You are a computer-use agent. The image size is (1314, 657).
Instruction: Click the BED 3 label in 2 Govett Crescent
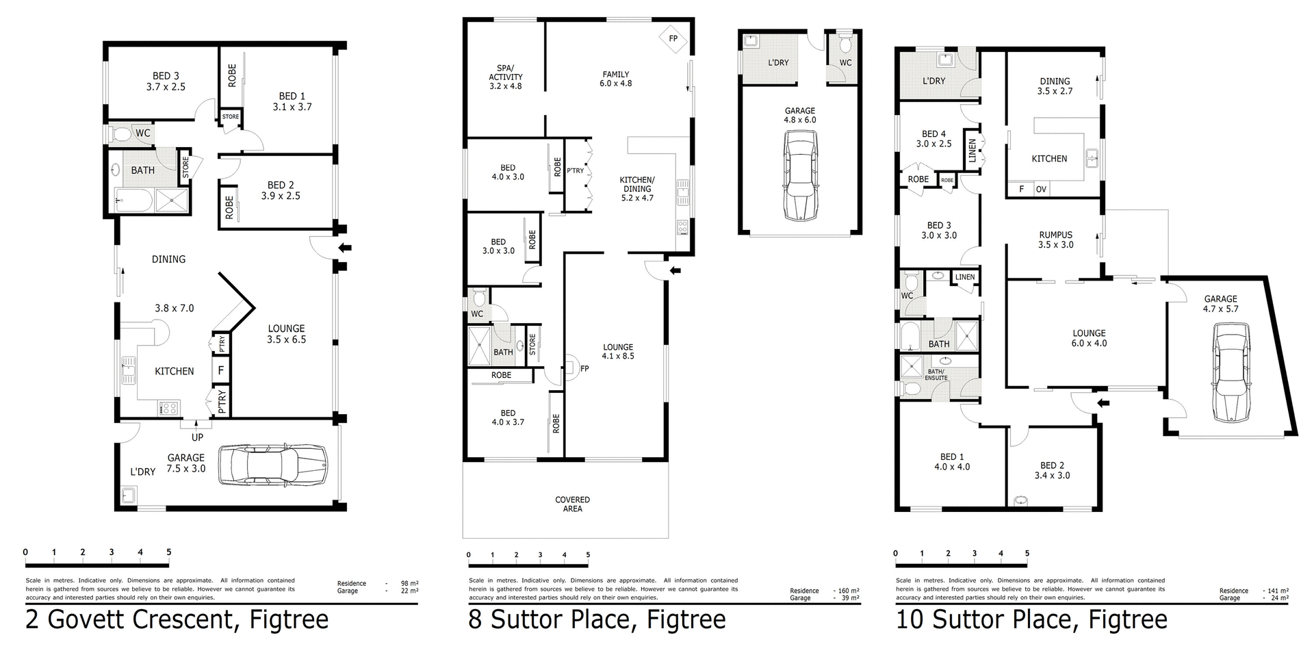(x=166, y=76)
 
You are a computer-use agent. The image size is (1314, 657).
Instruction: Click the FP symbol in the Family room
(x=673, y=39)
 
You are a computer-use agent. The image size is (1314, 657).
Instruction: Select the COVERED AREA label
(x=572, y=504)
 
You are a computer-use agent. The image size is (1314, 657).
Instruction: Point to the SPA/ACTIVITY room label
(x=506, y=77)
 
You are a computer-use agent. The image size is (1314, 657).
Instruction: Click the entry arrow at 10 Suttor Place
(x=1103, y=403)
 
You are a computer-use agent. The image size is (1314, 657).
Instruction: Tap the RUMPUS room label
(x=1055, y=235)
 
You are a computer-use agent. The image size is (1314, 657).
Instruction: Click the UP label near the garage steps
(x=197, y=437)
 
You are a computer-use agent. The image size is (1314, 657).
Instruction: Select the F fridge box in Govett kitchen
(x=220, y=372)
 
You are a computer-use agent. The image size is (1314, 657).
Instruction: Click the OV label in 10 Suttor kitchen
(x=1041, y=190)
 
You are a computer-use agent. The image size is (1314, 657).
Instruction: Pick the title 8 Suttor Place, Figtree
(x=597, y=620)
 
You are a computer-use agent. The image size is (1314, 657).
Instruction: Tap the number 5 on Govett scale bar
(x=168, y=552)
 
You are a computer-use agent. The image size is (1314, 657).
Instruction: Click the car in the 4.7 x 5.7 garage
(x=1231, y=373)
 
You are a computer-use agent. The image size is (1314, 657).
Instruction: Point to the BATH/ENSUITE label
(x=936, y=374)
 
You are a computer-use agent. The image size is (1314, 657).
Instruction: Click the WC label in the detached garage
(x=845, y=63)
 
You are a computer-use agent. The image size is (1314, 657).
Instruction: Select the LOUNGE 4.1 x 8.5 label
(x=618, y=351)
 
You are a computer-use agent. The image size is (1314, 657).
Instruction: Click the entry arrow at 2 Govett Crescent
(x=346, y=248)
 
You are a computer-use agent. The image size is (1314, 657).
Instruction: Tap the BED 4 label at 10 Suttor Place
(x=933, y=134)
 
